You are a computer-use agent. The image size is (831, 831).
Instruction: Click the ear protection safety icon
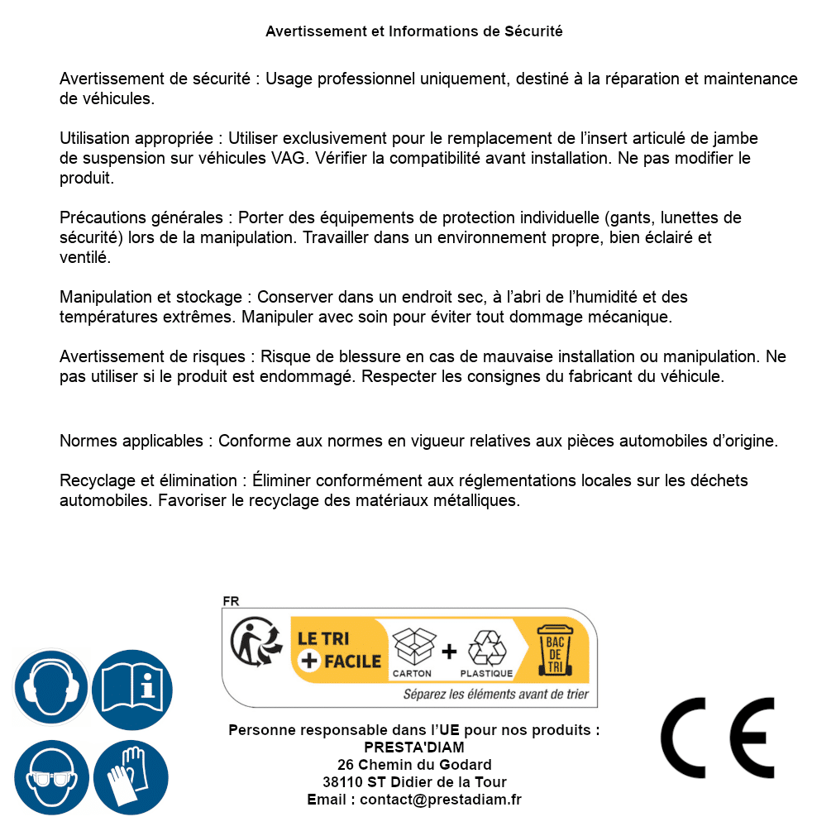click(51, 688)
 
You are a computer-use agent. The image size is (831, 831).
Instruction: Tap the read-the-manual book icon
click(132, 688)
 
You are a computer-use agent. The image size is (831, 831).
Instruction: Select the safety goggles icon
click(51, 778)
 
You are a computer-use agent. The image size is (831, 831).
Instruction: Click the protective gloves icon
click(132, 778)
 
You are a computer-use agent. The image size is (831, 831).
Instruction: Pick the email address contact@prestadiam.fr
click(441, 800)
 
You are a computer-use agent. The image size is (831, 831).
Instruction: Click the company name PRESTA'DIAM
click(414, 747)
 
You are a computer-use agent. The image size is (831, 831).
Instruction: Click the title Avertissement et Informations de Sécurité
click(414, 31)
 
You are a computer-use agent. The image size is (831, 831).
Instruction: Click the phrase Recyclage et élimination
click(147, 480)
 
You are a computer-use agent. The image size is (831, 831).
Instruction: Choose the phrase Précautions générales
click(141, 217)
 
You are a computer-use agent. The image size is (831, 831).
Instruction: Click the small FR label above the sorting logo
click(231, 601)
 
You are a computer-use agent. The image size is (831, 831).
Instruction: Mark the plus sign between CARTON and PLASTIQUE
click(449, 651)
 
